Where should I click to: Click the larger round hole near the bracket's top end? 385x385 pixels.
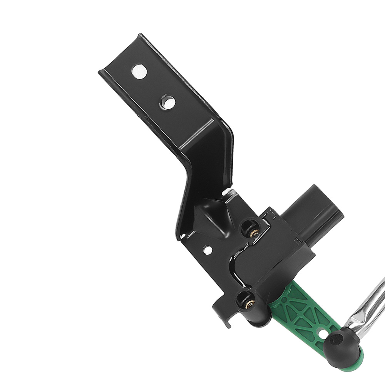139,72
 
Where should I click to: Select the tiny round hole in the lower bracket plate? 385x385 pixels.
208,250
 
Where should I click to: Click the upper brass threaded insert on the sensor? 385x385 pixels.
254,233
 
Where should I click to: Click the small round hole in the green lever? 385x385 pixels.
322,330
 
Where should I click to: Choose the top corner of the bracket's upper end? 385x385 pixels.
141,35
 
